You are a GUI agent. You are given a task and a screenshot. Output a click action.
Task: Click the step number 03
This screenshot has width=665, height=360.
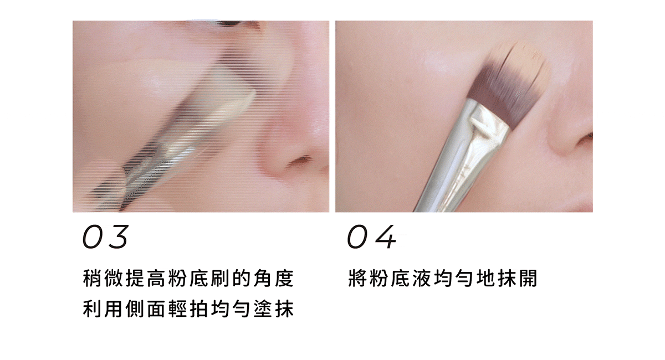click(x=105, y=237)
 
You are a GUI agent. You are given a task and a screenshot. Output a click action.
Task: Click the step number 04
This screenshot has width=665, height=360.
click(x=371, y=237)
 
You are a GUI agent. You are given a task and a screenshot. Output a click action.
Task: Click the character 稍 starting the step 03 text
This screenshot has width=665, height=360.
click(x=91, y=277)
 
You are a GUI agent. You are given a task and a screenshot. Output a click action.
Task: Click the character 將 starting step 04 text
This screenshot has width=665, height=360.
click(x=357, y=277)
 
